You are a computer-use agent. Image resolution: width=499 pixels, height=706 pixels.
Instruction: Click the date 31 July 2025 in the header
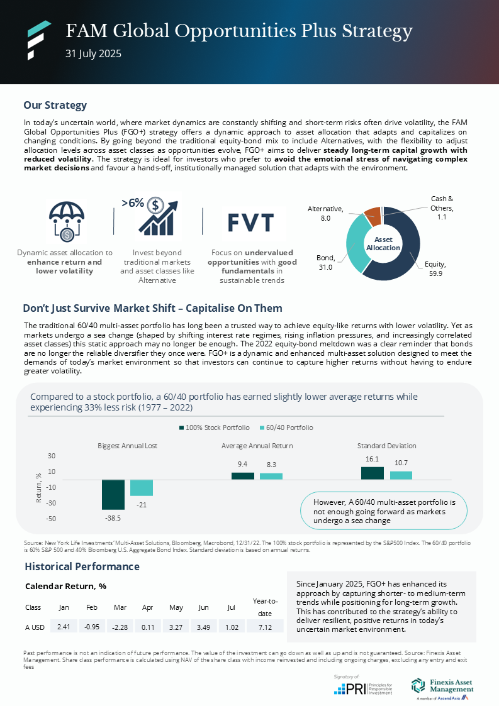[93, 54]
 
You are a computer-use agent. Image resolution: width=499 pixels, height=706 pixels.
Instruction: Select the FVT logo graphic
[250, 223]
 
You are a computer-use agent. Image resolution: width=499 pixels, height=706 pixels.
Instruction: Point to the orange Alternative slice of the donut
[372, 216]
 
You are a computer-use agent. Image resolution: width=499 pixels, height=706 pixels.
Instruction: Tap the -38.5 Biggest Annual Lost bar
[113, 494]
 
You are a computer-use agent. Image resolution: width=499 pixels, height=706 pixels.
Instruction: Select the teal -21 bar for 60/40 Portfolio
[142, 488]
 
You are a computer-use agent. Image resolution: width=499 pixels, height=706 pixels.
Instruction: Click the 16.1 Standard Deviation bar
[372, 473]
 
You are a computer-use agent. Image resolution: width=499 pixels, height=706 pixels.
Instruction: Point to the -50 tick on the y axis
[52, 519]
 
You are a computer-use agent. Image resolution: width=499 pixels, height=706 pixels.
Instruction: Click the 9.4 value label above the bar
[242, 464]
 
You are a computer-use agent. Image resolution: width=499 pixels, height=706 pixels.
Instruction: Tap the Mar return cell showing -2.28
[120, 627]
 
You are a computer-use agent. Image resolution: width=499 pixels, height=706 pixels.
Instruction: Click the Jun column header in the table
[203, 607]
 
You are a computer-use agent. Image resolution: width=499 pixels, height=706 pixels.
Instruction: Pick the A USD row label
[35, 627]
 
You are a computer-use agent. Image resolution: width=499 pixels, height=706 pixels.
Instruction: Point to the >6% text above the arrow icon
[132, 203]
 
